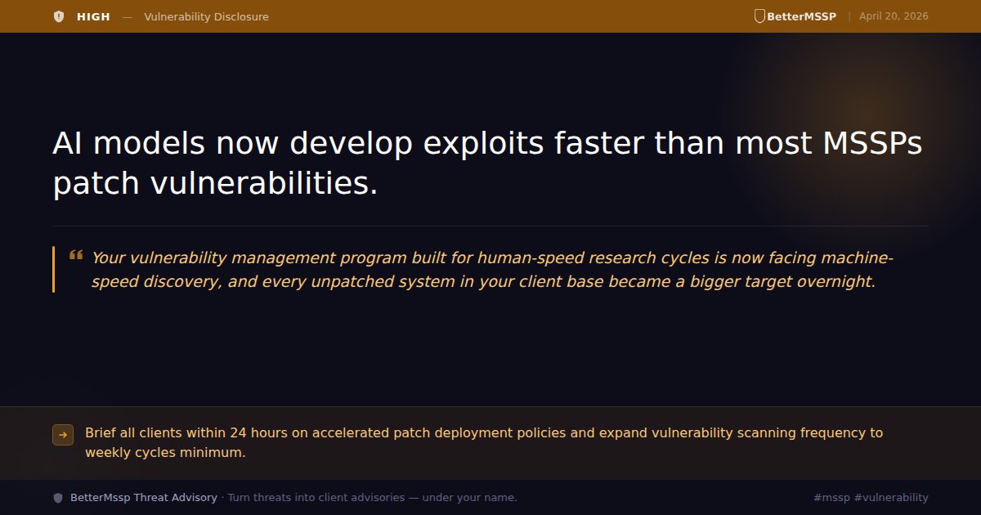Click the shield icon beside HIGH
[58, 16]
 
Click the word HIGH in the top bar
[93, 16]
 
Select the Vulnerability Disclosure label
[206, 16]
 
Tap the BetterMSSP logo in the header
[795, 16]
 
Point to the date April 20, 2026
[894, 16]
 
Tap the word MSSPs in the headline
[869, 144]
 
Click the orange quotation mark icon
[76, 255]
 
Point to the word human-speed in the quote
[525, 258]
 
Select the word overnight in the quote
[840, 282]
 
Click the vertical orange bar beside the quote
[54, 269]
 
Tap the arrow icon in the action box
[63, 435]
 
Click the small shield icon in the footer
[58, 498]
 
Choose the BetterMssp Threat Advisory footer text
[144, 498]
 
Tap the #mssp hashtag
[832, 498]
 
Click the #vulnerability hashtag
[892, 498]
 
